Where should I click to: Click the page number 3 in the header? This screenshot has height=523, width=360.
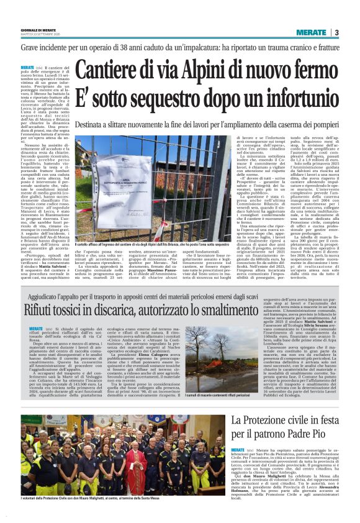(x=336, y=33)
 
